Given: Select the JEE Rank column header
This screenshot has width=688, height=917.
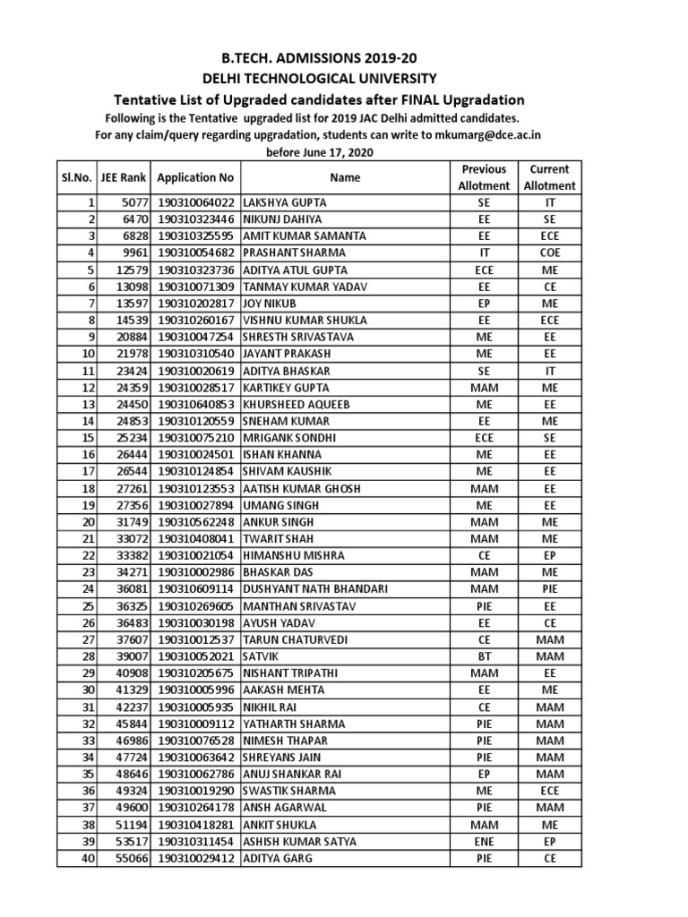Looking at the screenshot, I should (126, 177).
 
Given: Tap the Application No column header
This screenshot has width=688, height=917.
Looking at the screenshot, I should (195, 177).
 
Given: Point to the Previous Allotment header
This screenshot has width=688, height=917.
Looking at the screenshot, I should (484, 177).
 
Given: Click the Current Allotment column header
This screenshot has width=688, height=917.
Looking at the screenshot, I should (550, 177).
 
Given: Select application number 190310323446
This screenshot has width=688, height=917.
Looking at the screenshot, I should (196, 219).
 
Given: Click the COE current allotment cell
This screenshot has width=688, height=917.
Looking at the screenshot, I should (550, 253).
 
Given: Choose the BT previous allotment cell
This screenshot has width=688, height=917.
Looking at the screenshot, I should (484, 657).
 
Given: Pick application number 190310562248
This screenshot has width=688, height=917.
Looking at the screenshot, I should (196, 522).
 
